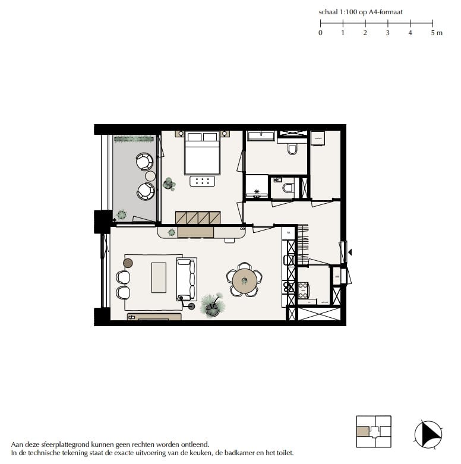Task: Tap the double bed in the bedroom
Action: (203, 153)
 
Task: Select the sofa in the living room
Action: (186, 279)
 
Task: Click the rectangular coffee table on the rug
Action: (159, 277)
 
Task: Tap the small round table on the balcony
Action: (150, 176)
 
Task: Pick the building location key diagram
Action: (373, 431)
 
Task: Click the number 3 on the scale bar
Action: (387, 33)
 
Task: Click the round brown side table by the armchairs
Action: (128, 263)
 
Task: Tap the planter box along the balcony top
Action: (134, 140)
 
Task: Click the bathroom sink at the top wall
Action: (260, 137)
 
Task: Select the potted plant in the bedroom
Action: (169, 184)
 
